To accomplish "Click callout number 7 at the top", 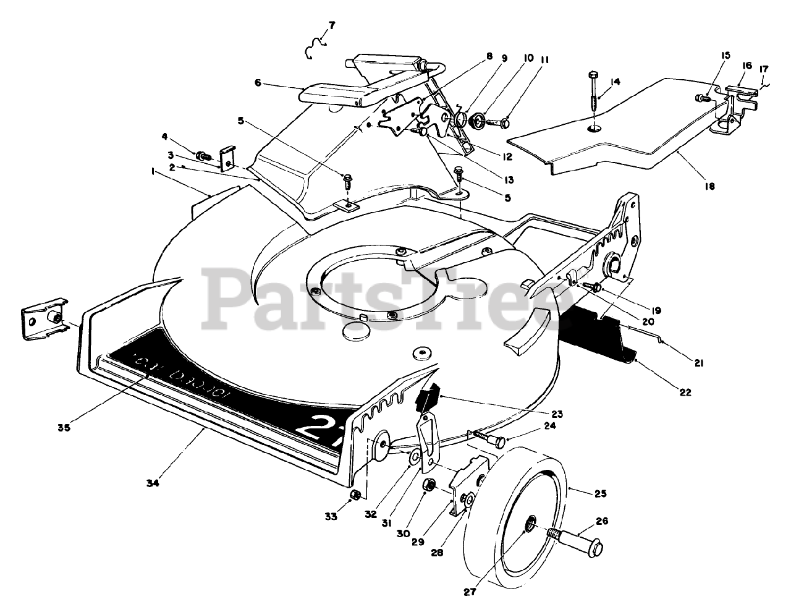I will tap(332, 25).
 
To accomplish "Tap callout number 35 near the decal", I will tap(64, 427).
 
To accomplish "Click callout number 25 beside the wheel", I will tap(600, 493).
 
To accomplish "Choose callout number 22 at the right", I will tap(684, 392).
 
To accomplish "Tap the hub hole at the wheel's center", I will tap(530, 527).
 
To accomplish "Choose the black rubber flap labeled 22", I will tap(599, 337).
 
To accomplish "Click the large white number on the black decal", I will tap(315, 428).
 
